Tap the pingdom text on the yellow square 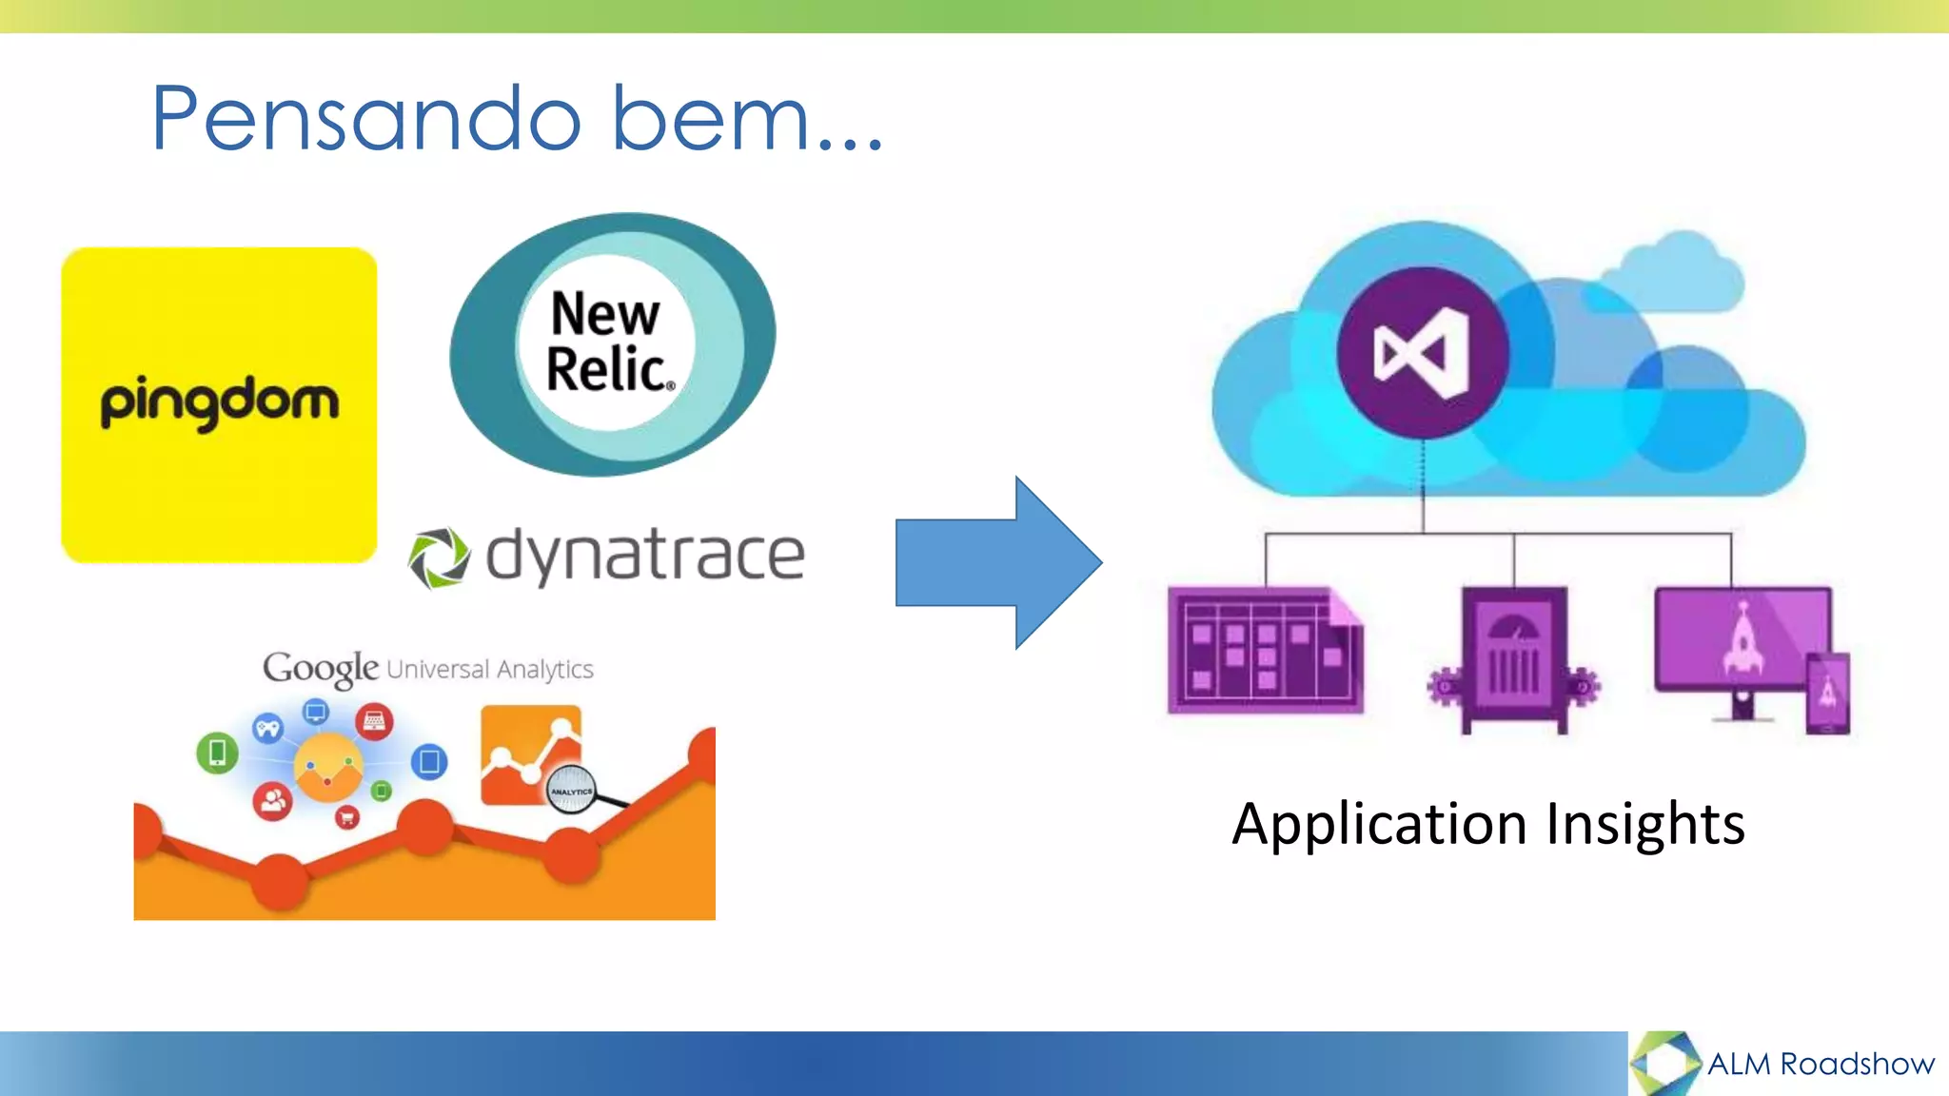220,402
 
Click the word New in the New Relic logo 605,314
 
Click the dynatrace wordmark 645,556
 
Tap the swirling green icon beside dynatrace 439,558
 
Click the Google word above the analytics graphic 321,668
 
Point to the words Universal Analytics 490,669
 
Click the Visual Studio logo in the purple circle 1423,353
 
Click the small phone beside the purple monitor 1828,694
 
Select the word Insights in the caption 1645,824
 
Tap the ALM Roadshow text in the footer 1821,1064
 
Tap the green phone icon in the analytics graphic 217,753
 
